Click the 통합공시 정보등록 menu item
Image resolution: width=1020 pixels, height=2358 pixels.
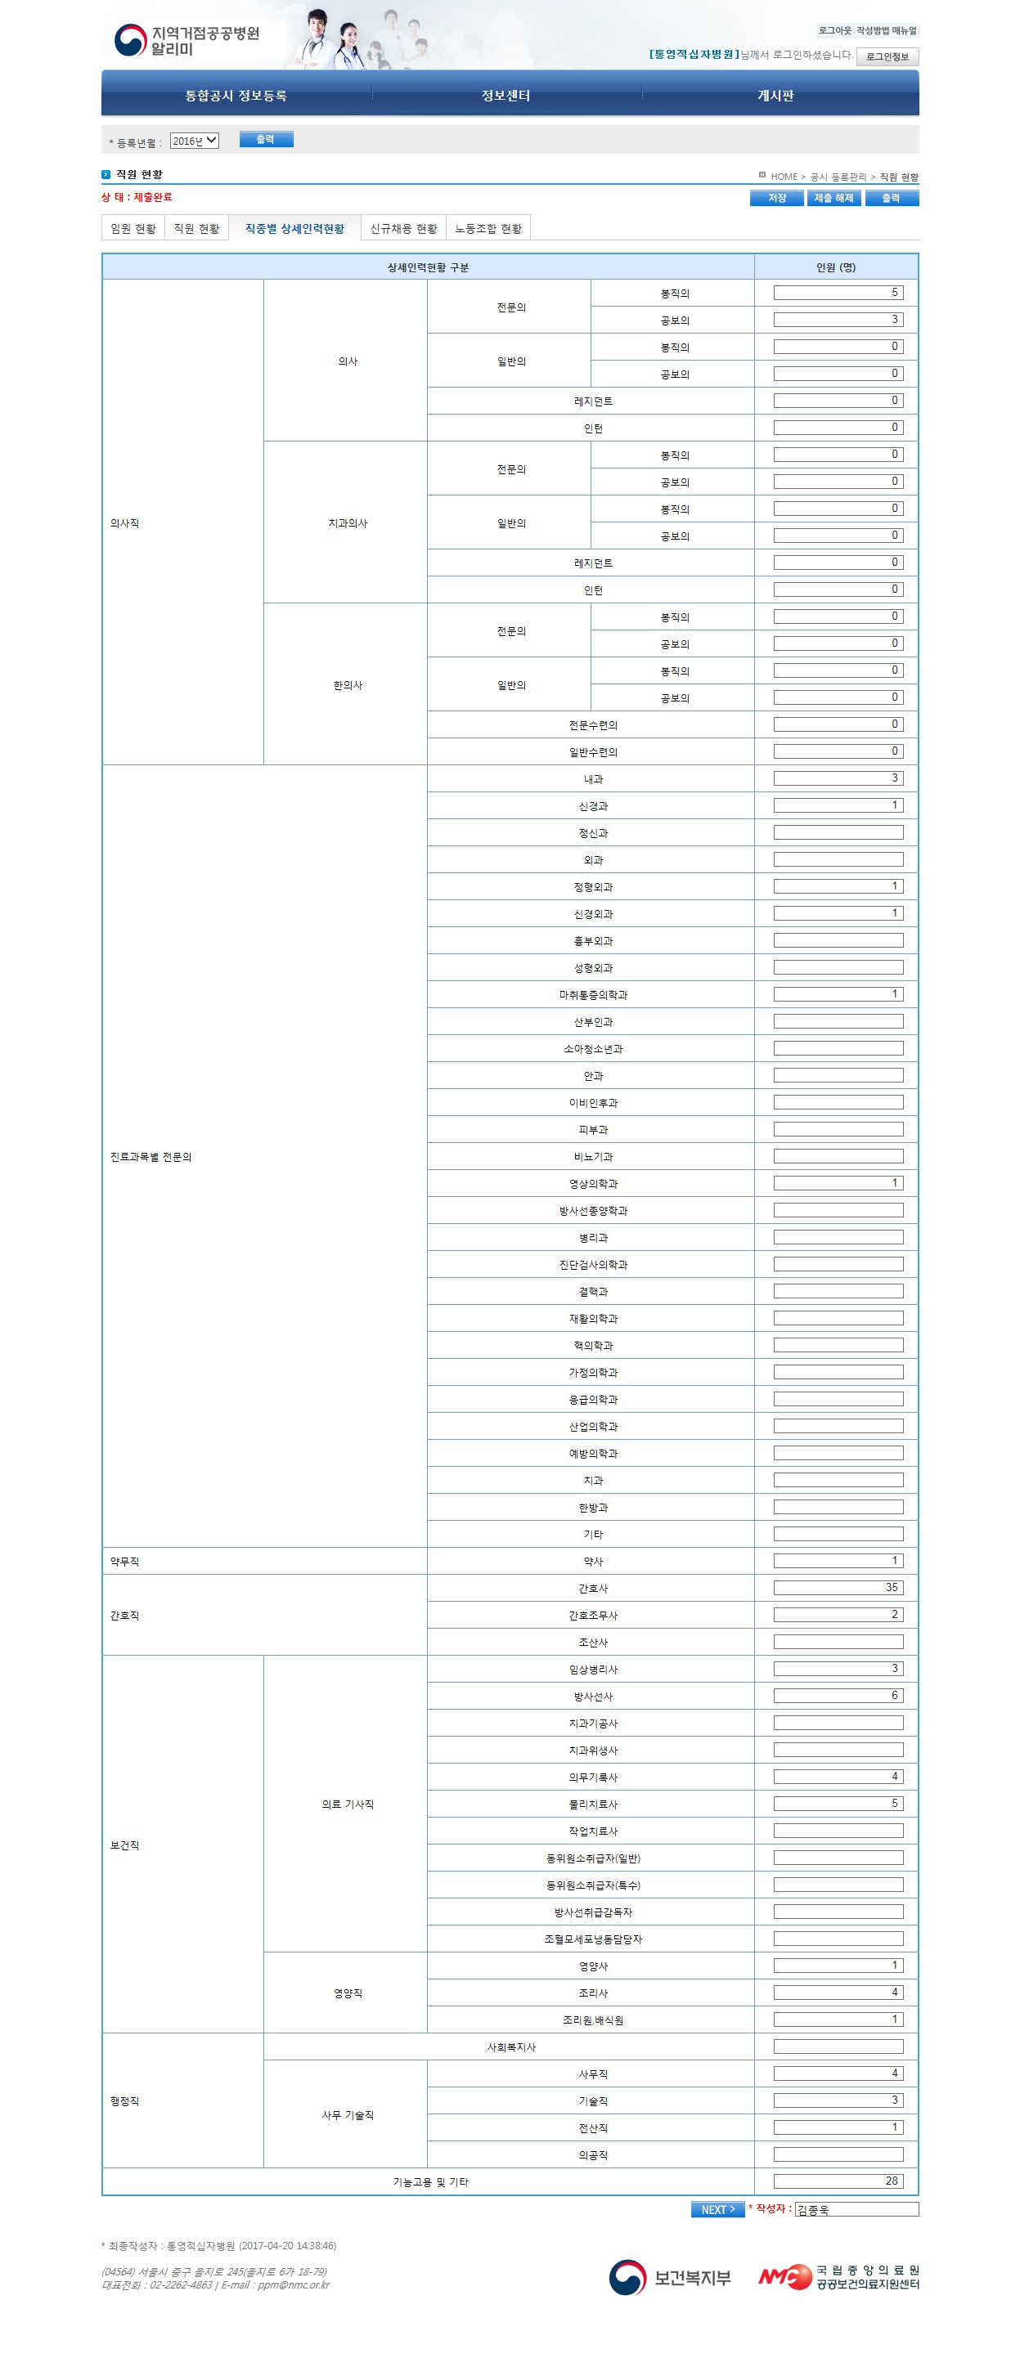[x=236, y=95]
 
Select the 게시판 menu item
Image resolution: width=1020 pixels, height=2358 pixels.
[x=775, y=95]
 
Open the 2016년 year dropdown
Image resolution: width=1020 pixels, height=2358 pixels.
[x=194, y=141]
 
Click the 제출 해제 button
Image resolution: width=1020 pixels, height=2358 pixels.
[x=834, y=198]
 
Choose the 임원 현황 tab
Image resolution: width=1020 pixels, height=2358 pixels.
[x=133, y=229]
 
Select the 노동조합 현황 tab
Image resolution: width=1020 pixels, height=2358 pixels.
[x=488, y=229]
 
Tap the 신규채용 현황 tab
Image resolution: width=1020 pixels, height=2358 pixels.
[x=403, y=229]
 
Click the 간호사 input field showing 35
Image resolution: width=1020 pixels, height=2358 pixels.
[x=838, y=1587]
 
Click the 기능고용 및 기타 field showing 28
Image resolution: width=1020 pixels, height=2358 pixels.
[x=838, y=2181]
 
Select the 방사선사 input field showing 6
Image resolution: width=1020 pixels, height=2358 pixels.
[x=838, y=1695]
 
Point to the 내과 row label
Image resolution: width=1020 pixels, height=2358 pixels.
[x=593, y=779]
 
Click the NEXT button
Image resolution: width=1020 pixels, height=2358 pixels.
[x=717, y=2210]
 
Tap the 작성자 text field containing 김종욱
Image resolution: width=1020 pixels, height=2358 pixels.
[x=856, y=2210]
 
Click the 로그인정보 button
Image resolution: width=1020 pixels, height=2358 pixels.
[x=887, y=56]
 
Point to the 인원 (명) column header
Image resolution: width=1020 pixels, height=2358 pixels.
[x=835, y=267]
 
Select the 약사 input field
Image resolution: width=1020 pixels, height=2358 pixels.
[x=838, y=1561]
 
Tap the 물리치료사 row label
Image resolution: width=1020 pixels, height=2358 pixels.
[x=593, y=1804]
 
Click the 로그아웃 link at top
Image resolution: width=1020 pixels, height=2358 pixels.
[x=834, y=30]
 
